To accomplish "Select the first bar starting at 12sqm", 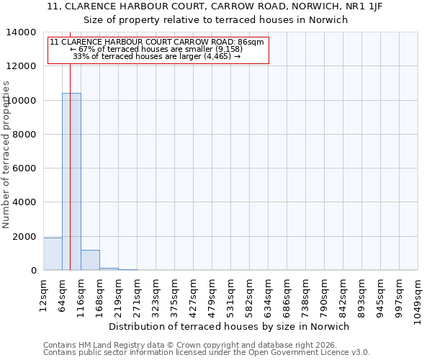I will click(53, 253).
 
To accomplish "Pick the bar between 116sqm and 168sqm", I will click(90, 260).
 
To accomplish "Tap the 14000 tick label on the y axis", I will click(22, 32).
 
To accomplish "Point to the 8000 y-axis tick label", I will click(25, 135).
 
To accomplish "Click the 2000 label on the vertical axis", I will click(25, 237).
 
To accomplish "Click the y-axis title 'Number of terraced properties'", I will click(6, 154).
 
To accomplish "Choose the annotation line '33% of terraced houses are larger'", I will click(157, 56).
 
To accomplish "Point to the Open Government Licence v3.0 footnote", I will click(207, 353).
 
